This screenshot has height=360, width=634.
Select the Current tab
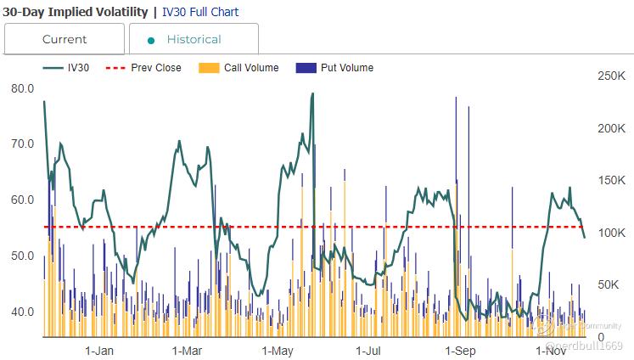point(65,39)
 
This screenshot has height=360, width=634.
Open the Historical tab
point(194,39)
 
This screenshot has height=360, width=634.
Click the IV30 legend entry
point(73,68)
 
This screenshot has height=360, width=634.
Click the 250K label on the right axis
point(611,76)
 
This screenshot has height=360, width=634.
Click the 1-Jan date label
point(99,350)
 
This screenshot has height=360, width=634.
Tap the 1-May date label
point(278,350)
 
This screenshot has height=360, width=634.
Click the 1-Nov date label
point(551,350)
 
